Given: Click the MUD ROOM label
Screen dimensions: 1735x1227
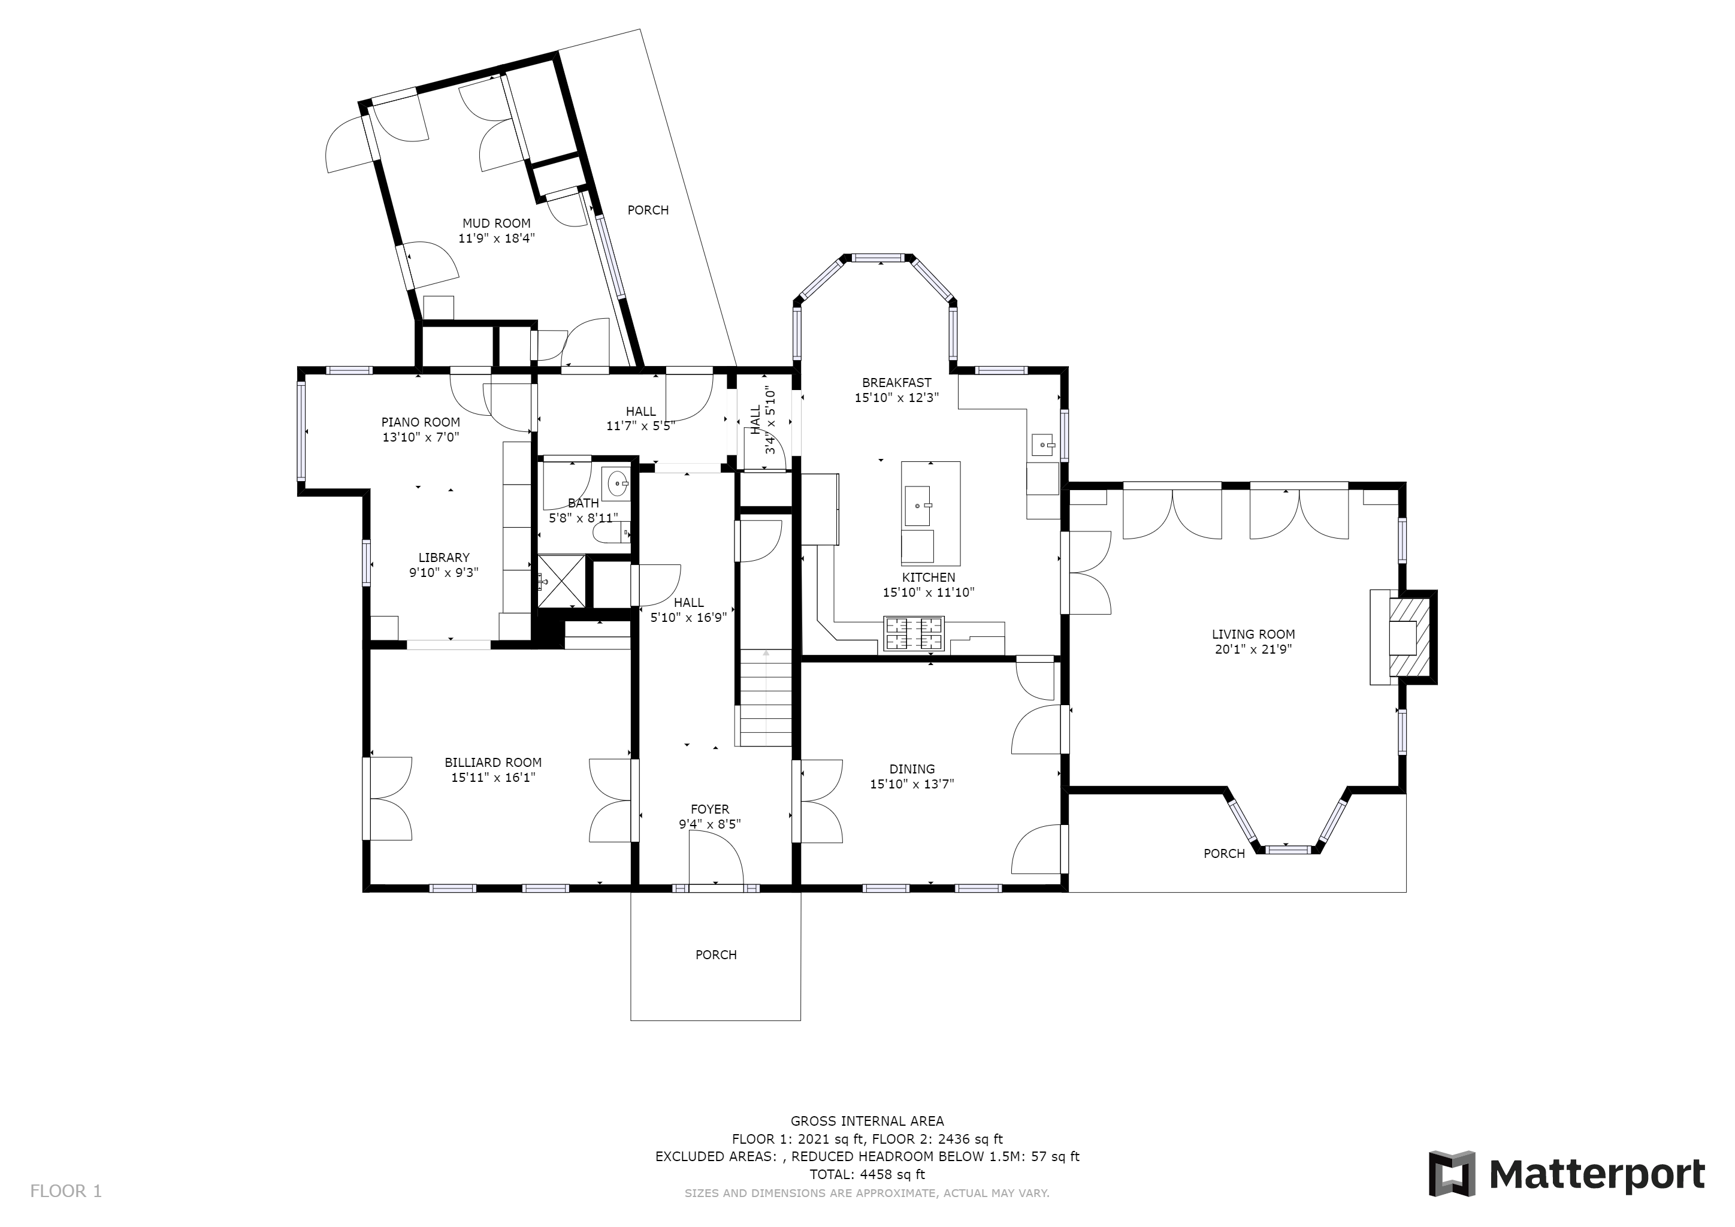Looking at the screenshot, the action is tap(497, 223).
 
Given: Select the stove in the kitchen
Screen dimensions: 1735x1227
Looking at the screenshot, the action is tap(914, 633).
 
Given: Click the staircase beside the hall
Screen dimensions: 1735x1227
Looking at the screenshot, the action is tap(766, 697).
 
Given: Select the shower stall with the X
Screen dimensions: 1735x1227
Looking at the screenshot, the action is tap(561, 581).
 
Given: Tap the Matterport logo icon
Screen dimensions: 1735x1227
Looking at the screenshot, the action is tap(1452, 1173).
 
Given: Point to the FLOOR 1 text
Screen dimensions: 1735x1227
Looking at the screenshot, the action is tap(66, 1192).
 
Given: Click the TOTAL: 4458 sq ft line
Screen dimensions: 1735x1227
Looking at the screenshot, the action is tap(867, 1174).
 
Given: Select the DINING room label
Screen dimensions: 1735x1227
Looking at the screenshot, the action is tap(912, 769).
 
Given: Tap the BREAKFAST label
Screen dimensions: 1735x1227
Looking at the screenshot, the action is tap(897, 383).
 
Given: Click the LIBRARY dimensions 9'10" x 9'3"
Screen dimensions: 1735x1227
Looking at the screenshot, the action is tap(445, 573).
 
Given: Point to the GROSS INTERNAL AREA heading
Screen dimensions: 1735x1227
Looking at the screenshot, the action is tap(867, 1121).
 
